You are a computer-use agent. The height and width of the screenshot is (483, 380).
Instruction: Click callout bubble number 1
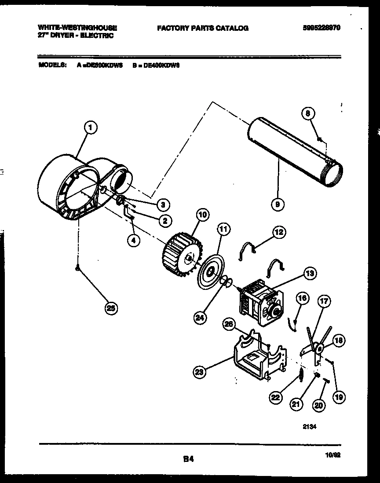[x=90, y=128]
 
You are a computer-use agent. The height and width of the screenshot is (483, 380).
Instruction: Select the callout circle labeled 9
[x=278, y=203]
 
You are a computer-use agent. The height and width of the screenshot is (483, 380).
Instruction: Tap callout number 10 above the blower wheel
[x=202, y=215]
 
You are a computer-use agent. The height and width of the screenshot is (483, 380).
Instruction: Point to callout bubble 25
[x=112, y=309]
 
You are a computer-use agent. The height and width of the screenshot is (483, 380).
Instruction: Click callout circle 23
[x=200, y=373]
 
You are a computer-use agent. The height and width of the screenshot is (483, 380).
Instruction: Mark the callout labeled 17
[x=324, y=302]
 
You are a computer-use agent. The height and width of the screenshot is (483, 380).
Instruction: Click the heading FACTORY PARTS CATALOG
[x=202, y=28]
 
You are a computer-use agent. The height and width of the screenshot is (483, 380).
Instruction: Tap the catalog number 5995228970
[x=322, y=28]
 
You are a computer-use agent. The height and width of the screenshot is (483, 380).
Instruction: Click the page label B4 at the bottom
[x=188, y=459]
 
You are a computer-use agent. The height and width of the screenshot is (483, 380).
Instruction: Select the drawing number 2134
[x=311, y=425]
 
